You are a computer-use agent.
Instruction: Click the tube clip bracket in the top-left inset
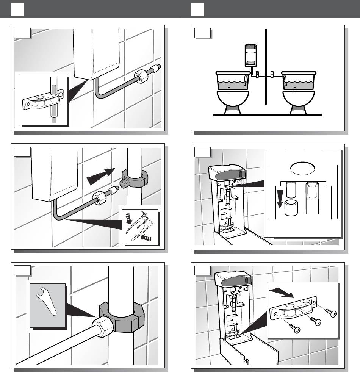(x=43, y=100)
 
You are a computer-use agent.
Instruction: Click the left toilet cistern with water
(x=232, y=81)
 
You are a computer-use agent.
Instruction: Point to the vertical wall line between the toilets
(x=266, y=68)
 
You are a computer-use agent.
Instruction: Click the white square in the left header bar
(x=17, y=9)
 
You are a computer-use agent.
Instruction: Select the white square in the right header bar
(x=197, y=9)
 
